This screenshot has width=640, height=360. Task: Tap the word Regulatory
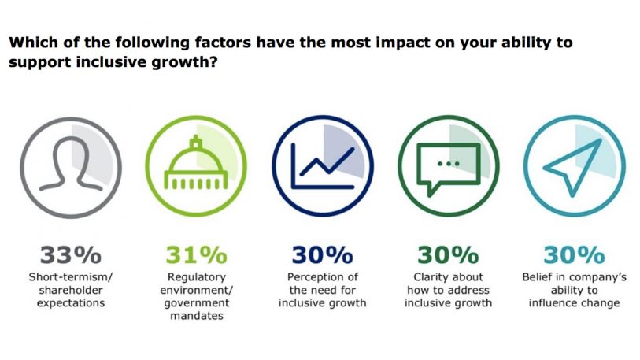[196, 277]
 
